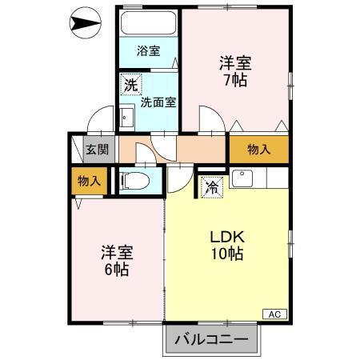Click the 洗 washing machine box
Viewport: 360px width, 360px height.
coord(130,82)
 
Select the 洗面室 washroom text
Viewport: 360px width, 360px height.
coord(158,102)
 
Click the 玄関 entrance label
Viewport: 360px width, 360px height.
coord(98,149)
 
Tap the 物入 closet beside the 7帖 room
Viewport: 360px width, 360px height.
coord(258,149)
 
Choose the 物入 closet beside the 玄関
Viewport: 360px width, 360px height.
coord(89,182)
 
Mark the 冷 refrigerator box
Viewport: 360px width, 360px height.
coord(212,188)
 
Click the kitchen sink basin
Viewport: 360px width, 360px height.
coord(242,177)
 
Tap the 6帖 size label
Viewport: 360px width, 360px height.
coord(116,270)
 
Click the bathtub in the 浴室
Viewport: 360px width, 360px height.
coord(150,23)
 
